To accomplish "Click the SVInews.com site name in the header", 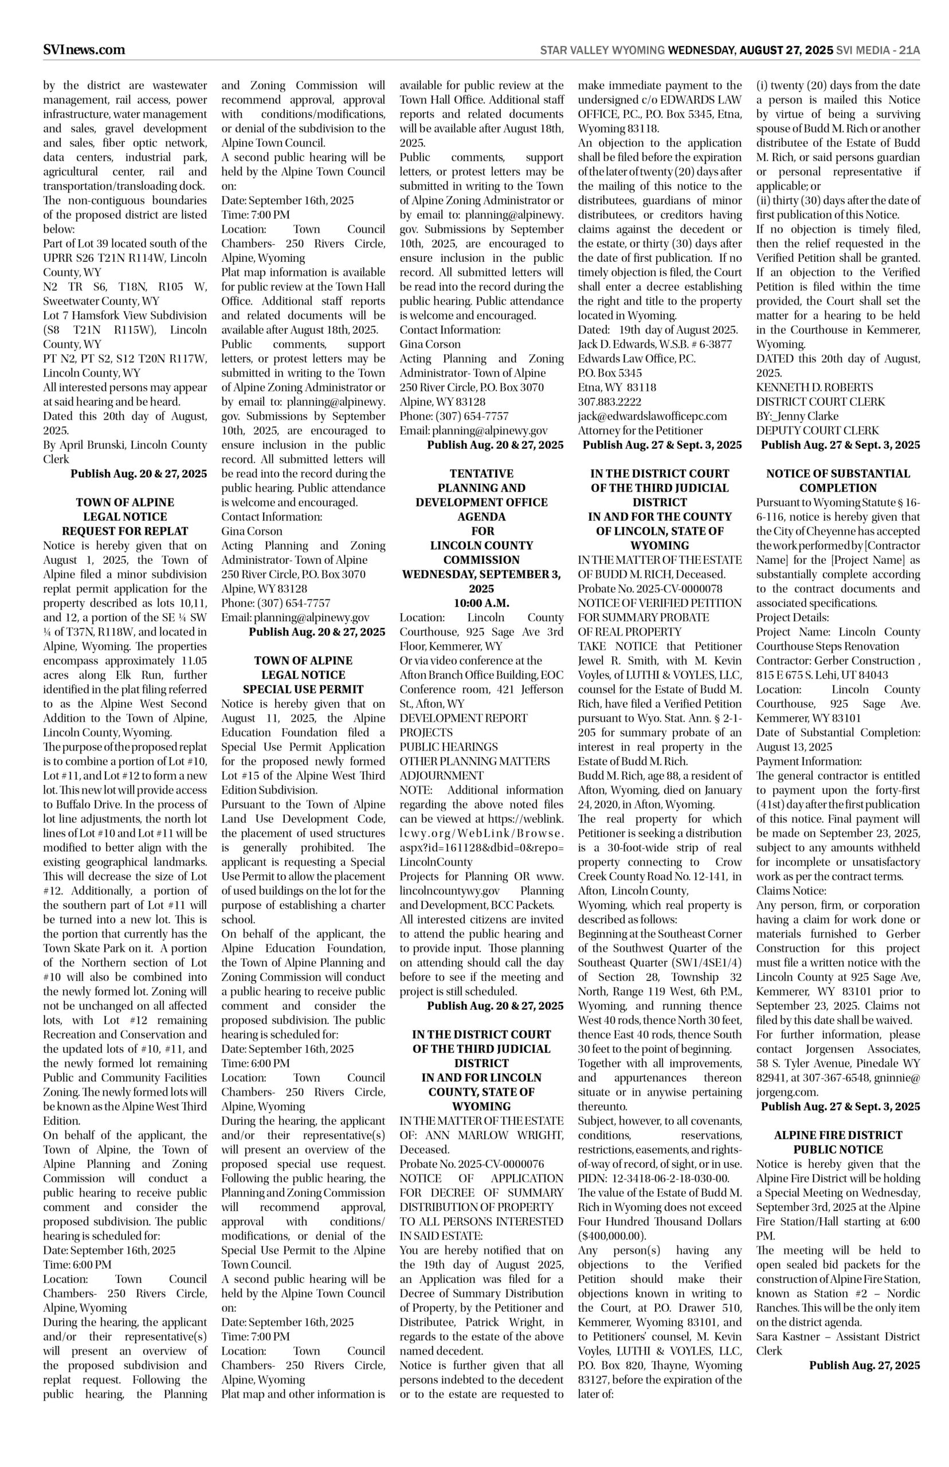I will (x=84, y=50).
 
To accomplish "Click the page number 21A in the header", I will (x=909, y=50).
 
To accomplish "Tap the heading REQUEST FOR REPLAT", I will (x=125, y=531).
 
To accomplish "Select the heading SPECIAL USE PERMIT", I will (x=303, y=689).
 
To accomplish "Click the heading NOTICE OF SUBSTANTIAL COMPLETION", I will (x=838, y=481).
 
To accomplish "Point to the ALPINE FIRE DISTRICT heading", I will (x=838, y=1135).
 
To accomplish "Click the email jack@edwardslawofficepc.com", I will (x=652, y=416).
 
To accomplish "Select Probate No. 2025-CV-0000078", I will (x=650, y=589).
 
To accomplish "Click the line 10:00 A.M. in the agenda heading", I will (x=481, y=603).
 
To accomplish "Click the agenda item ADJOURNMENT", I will (x=441, y=776).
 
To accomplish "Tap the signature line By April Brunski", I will (x=125, y=445).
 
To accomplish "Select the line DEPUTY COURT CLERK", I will (x=817, y=431).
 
